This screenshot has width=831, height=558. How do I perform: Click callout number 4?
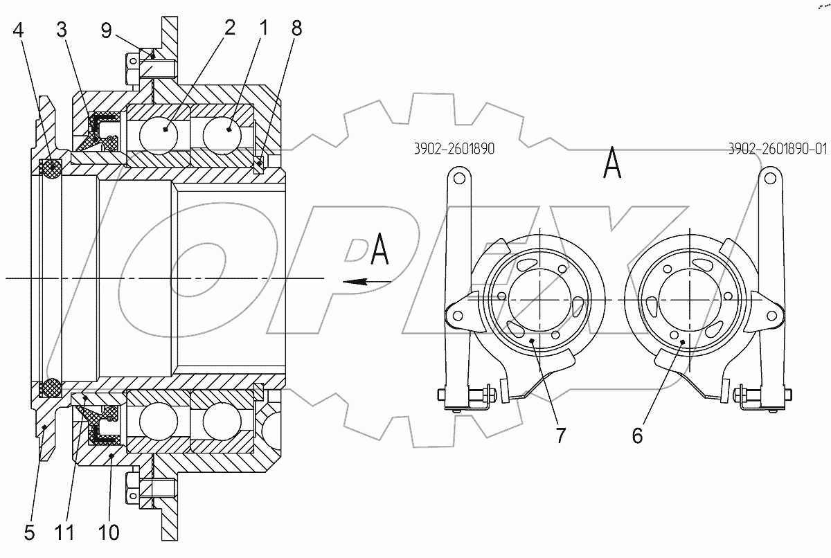coord(18,30)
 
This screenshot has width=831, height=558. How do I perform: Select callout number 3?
coord(62,29)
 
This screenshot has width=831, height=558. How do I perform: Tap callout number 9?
coord(107,30)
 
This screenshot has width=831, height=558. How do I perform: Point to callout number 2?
coord(230,28)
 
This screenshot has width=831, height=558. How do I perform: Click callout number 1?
coord(263,28)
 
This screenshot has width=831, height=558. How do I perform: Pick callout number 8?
coord(297,28)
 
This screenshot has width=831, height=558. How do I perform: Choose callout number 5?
coord(29,533)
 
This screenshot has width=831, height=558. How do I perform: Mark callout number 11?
coord(64,533)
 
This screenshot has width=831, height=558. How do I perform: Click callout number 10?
coord(109,533)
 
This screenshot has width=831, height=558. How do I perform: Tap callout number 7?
coord(560,435)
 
